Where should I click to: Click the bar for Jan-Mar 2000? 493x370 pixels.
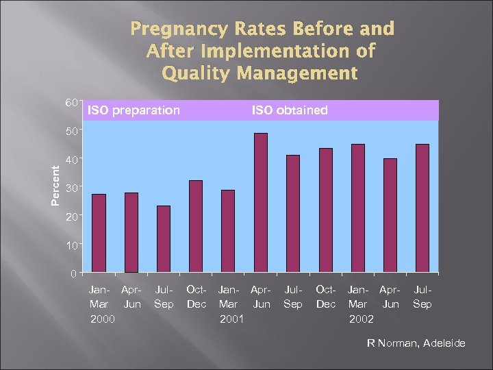pyautogui.click(x=99, y=233)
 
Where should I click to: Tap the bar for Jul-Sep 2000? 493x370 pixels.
pyautogui.click(x=164, y=239)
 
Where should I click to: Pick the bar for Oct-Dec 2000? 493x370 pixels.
pyautogui.click(x=196, y=226)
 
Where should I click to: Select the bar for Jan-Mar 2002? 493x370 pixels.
pyautogui.click(x=358, y=208)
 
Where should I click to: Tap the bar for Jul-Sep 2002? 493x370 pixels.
pyautogui.click(x=422, y=208)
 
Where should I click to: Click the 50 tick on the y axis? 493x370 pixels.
pyautogui.click(x=71, y=130)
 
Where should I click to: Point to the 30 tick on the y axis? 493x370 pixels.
pyautogui.click(x=71, y=187)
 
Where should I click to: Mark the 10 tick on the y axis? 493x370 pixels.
pyautogui.click(x=71, y=245)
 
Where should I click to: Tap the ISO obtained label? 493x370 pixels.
pyautogui.click(x=290, y=110)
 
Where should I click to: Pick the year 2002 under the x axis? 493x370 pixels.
pyautogui.click(x=361, y=318)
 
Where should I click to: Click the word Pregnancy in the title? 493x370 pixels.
pyautogui.click(x=175, y=29)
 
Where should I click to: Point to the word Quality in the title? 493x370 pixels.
pyautogui.click(x=196, y=73)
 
